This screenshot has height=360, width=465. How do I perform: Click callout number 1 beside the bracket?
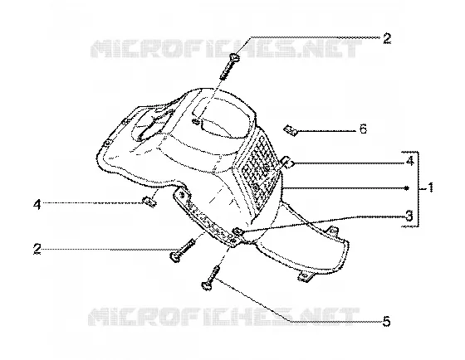click(x=430, y=187)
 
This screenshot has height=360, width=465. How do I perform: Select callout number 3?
click(x=409, y=216)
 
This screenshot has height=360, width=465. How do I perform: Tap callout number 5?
click(x=386, y=321)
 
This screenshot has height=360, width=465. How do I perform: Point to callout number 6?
click(x=363, y=129)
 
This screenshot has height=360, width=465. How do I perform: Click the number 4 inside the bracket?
click(x=410, y=162)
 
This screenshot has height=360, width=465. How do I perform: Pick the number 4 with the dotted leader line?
click(x=37, y=204)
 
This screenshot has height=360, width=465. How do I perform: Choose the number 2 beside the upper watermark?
click(x=387, y=38)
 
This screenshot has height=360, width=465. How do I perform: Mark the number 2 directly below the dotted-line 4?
click(x=37, y=249)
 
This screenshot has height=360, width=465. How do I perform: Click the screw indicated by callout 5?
click(x=211, y=278)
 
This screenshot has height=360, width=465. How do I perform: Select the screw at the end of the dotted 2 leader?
click(x=182, y=251)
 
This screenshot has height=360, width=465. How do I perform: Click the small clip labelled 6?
click(x=291, y=130)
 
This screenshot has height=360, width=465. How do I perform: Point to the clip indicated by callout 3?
click(x=238, y=231)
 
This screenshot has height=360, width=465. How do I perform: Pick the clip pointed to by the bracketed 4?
click(x=287, y=162)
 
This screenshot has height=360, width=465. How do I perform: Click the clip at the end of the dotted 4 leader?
click(x=149, y=202)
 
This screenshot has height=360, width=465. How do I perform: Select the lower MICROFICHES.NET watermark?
click(x=223, y=316)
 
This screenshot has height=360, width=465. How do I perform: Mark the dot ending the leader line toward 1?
click(x=407, y=188)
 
